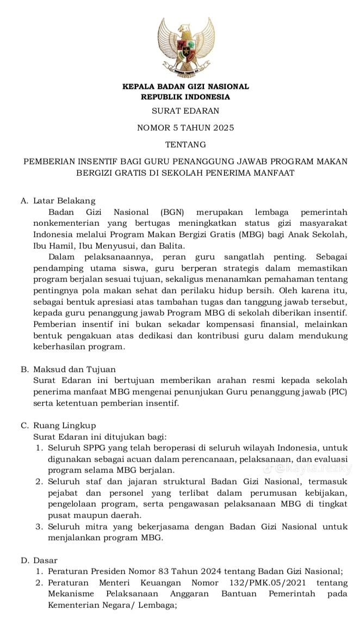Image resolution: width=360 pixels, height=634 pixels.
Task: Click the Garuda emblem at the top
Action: click(x=185, y=47)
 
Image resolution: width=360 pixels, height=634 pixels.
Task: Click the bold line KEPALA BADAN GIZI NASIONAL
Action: click(x=185, y=87)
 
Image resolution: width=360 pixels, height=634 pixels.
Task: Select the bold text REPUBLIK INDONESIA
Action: click(x=185, y=97)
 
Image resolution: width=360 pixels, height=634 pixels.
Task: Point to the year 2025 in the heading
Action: click(x=223, y=128)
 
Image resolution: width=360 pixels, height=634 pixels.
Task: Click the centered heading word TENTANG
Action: click(x=185, y=145)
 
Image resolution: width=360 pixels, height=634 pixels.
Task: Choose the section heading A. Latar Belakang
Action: click(x=58, y=201)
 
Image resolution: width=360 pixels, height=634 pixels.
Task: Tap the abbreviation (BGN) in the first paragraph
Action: click(x=172, y=212)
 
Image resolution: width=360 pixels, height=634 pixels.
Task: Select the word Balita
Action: click(x=170, y=245)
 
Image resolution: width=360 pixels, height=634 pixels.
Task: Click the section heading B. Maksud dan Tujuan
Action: click(x=67, y=369)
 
